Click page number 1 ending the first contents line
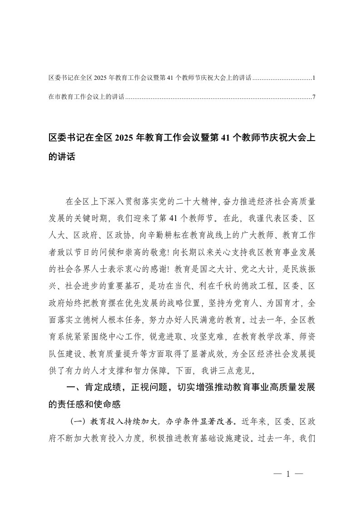[x=314, y=78]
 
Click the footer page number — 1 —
[x=288, y=475]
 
